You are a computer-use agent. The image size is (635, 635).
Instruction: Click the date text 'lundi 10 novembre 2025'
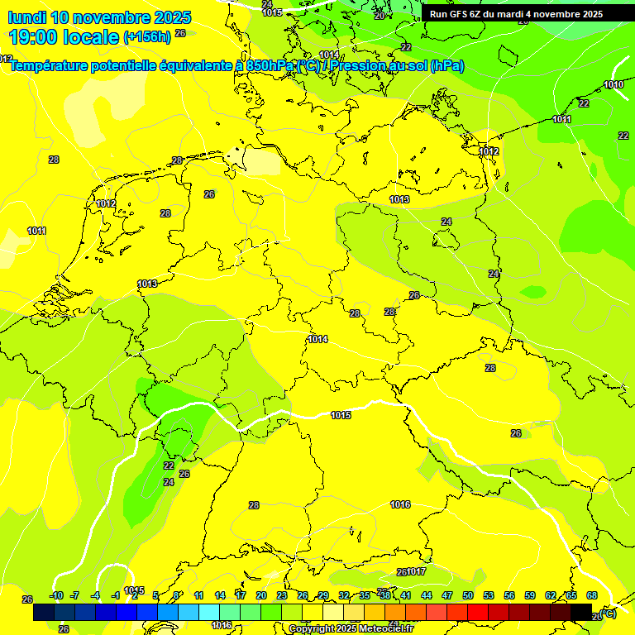[99, 17]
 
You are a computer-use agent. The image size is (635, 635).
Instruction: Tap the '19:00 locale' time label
[63, 37]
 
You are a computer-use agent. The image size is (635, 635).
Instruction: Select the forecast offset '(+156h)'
[146, 37]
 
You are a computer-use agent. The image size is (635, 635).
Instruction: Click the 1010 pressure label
[614, 85]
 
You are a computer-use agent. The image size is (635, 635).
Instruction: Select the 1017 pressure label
[416, 571]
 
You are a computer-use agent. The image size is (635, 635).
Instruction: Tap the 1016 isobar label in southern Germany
[400, 504]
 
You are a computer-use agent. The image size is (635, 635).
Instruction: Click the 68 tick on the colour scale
[592, 595]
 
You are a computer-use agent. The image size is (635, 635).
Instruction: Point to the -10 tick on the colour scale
[56, 595]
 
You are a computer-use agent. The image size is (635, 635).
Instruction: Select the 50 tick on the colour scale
[468, 595]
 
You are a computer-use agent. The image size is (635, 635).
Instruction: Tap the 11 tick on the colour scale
[199, 595]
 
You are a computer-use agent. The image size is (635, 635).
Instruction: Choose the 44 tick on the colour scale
[427, 595]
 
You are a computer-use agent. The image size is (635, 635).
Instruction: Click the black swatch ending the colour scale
[581, 613]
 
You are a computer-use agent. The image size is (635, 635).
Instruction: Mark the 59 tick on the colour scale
[530, 595]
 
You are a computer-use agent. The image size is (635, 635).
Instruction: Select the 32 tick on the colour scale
[344, 595]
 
